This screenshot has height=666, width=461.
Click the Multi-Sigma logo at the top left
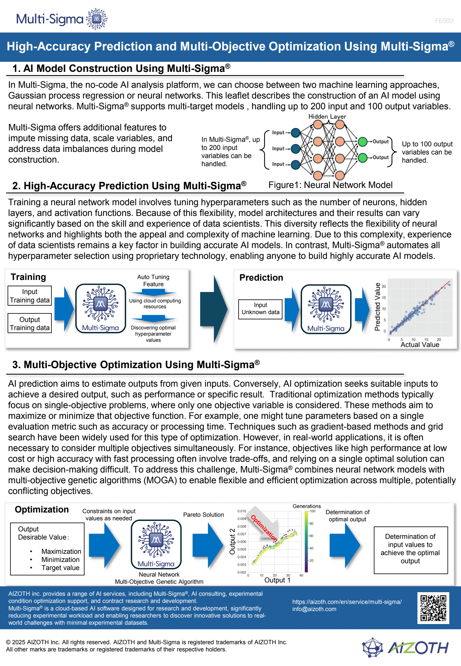tap(62, 19)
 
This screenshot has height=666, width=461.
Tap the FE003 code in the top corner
tap(444, 21)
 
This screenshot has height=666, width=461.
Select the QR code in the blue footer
tap(433, 608)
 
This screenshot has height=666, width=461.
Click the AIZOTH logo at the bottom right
tap(406, 647)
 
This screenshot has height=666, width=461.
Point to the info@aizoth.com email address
tap(314, 609)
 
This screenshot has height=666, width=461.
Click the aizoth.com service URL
tap(347, 602)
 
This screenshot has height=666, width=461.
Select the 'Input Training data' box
tap(30, 296)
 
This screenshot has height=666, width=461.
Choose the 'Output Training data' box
tap(30, 324)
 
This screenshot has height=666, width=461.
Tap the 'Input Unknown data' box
tap(260, 309)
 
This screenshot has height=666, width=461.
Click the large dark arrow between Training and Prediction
tap(214, 309)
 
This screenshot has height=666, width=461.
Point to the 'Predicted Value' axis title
tap(377, 307)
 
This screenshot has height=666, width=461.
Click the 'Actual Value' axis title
tap(420, 345)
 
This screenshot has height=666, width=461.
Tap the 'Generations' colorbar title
tap(307, 506)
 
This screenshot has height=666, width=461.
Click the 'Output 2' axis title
tap(232, 541)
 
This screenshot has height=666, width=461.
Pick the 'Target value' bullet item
tap(60, 568)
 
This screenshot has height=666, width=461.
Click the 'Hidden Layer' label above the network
tap(327, 116)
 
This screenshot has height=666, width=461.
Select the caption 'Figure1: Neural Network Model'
tap(330, 185)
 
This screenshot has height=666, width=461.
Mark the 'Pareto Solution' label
tap(204, 515)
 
